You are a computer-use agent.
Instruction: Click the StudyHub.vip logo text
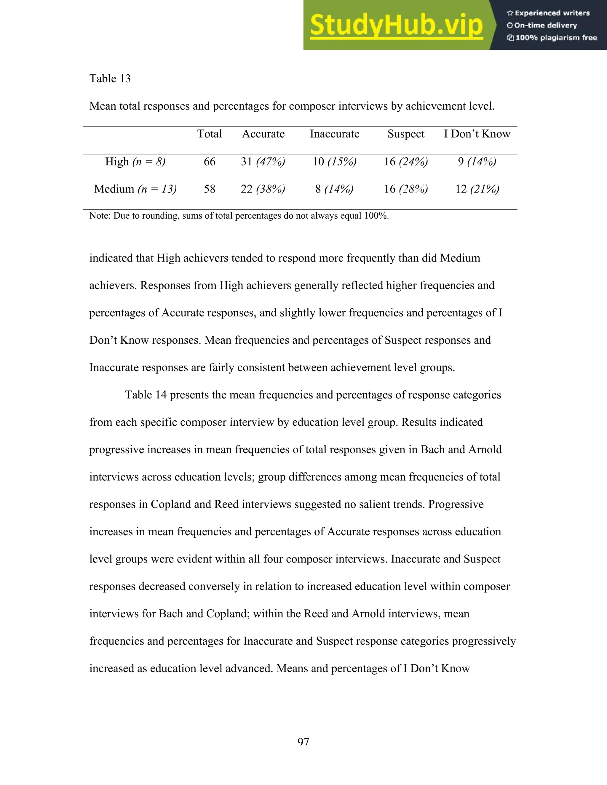coord(396,25)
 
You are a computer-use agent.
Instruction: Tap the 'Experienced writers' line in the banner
coord(548,13)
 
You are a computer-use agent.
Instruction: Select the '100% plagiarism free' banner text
coord(552,38)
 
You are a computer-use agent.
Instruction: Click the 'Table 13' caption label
coord(110,79)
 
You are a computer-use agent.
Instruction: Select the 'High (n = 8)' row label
coord(135,162)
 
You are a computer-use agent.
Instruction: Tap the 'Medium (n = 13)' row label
coord(135,189)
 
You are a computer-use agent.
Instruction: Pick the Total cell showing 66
coord(209,162)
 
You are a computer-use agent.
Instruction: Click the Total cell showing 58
coord(209,189)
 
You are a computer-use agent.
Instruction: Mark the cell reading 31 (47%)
coord(263,162)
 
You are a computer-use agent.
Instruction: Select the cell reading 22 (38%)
coord(263,189)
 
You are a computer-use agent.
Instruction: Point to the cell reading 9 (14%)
coord(477,162)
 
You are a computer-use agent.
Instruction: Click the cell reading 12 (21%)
coord(477,189)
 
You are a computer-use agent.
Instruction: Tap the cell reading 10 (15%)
coord(334,162)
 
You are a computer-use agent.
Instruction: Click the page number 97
coord(303,741)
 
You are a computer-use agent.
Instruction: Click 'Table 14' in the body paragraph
coord(146,395)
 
